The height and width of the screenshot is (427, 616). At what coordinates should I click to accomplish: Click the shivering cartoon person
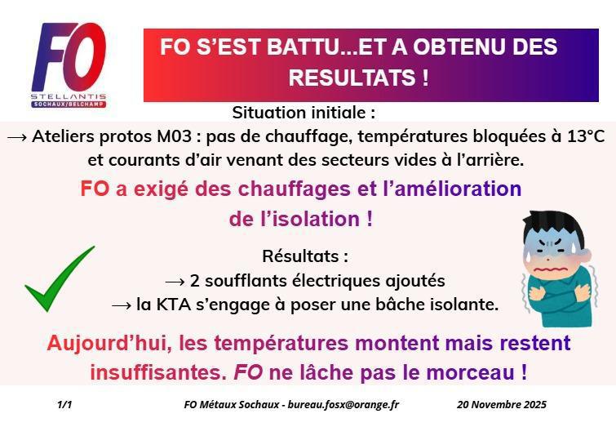click(x=559, y=258)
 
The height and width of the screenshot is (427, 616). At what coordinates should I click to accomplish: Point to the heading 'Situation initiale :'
click(x=304, y=112)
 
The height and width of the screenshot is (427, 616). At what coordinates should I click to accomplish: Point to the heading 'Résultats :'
click(x=305, y=256)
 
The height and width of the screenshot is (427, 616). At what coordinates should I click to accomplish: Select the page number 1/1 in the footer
click(x=65, y=404)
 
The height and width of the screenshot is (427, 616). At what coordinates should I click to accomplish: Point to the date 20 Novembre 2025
click(x=502, y=404)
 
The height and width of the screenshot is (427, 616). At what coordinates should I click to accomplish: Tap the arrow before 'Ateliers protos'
click(x=18, y=136)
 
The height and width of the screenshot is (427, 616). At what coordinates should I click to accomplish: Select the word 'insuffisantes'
click(x=154, y=373)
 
